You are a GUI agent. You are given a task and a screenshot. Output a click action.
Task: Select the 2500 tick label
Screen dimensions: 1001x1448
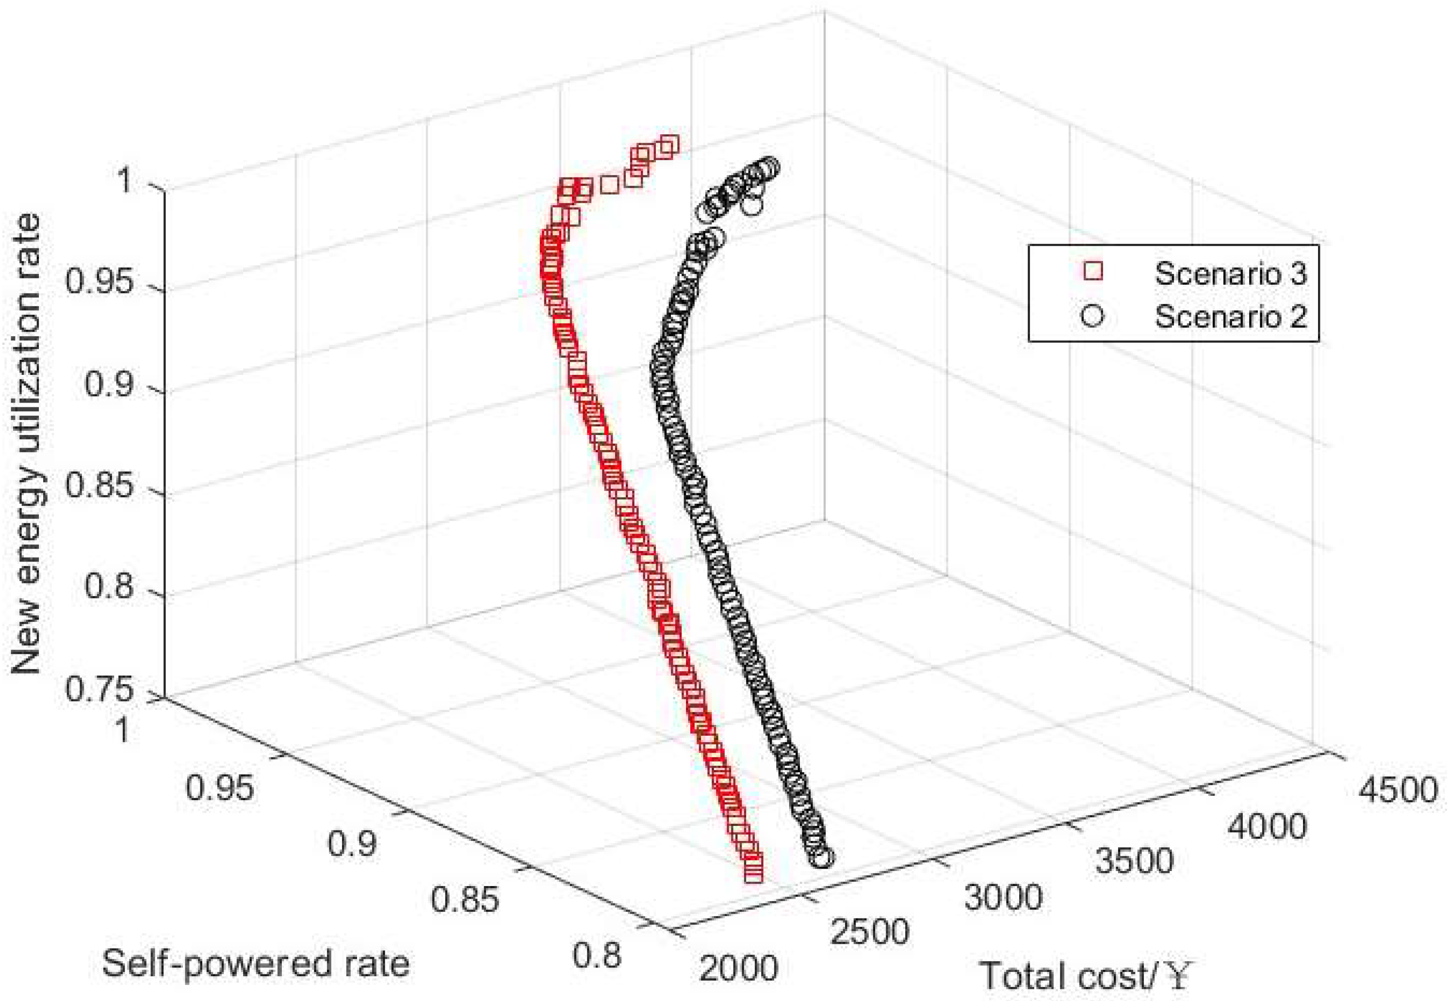pyautogui.click(x=870, y=932)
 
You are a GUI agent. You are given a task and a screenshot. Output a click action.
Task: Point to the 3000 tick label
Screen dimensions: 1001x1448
pyautogui.click(x=1003, y=896)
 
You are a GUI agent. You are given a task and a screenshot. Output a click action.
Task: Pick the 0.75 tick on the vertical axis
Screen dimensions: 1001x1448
pyautogui.click(x=100, y=690)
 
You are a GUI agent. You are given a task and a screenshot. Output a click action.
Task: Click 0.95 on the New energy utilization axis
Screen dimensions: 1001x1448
pyautogui.click(x=100, y=282)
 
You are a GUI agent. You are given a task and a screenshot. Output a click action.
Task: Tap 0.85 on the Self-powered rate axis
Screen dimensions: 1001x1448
pyautogui.click(x=465, y=899)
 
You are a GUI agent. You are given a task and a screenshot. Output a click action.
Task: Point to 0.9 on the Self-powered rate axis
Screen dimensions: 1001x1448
pyautogui.click(x=353, y=843)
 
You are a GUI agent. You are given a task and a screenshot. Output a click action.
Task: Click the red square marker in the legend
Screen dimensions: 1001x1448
pyautogui.click(x=1093, y=272)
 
